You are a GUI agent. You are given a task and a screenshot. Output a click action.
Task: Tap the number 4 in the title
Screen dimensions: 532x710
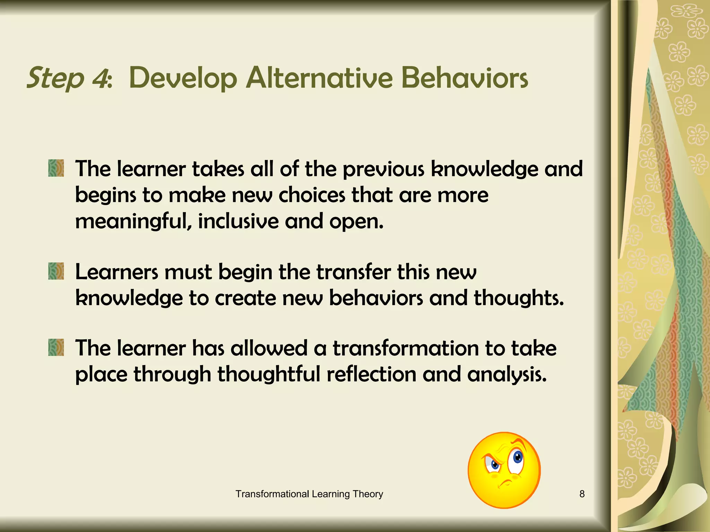click(x=101, y=78)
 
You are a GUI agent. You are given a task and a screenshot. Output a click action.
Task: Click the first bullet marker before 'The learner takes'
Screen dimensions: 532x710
click(x=56, y=168)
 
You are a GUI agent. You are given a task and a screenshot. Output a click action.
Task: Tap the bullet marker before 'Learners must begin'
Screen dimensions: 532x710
click(x=56, y=271)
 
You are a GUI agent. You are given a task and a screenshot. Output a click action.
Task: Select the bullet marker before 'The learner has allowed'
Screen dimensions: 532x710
click(x=56, y=347)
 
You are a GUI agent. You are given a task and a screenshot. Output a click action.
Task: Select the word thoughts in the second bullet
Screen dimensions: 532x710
click(x=518, y=298)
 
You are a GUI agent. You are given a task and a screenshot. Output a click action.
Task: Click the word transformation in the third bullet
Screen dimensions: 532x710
click(x=406, y=348)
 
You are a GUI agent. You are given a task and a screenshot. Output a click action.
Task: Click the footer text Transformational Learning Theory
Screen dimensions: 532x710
click(x=309, y=494)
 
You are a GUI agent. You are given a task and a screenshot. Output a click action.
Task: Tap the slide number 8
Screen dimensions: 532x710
click(x=582, y=494)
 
